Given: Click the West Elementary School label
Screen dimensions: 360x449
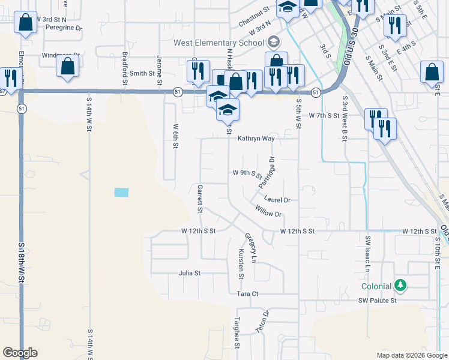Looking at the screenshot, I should tap(218, 43).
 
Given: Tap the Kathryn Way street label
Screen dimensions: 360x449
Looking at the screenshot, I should tap(256, 139).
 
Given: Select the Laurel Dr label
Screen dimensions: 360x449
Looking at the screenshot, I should tap(277, 200).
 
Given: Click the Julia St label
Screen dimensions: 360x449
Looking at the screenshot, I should tap(189, 273).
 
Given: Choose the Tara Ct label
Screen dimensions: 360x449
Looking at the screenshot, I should tap(247, 294).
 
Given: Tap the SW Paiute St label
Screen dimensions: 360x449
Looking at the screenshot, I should tap(378, 301).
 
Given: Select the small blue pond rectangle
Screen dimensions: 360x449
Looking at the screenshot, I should tap(121, 193).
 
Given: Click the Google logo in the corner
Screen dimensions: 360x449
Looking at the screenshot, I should tap(20, 353).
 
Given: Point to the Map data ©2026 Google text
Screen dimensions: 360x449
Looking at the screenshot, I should tap(412, 355).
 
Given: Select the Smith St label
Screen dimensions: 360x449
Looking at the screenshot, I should tap(142, 74).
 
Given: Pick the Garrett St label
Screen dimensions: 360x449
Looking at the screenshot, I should tap(200, 199).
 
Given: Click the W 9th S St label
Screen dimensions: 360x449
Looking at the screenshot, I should tap(247, 174).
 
